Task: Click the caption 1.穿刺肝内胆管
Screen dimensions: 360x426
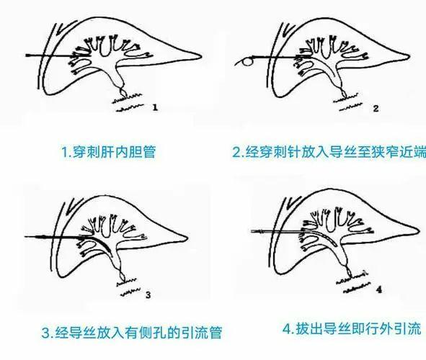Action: coord(108,152)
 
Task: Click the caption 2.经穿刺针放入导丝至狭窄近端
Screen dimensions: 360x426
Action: coord(325,153)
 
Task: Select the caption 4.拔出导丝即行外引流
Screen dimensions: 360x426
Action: coord(340,330)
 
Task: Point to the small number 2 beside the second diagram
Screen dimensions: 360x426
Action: coord(375,108)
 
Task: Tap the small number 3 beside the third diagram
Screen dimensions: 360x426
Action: coord(147,294)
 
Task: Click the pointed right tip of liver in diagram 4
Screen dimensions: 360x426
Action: coord(419,231)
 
